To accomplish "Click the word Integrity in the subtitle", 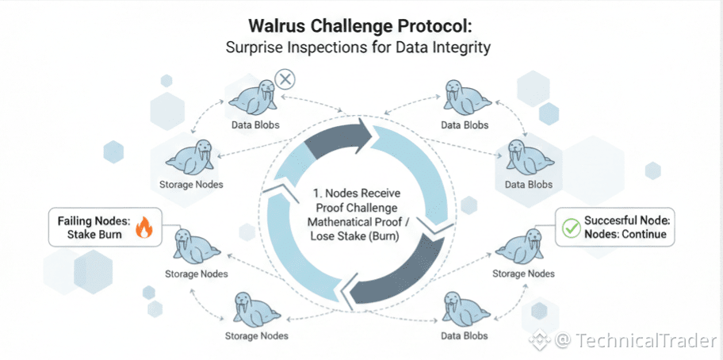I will click(465, 48).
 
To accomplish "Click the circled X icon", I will click(285, 79).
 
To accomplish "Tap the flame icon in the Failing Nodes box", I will click(143, 228).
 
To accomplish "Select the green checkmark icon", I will click(570, 228).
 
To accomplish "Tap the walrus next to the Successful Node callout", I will click(521, 247).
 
